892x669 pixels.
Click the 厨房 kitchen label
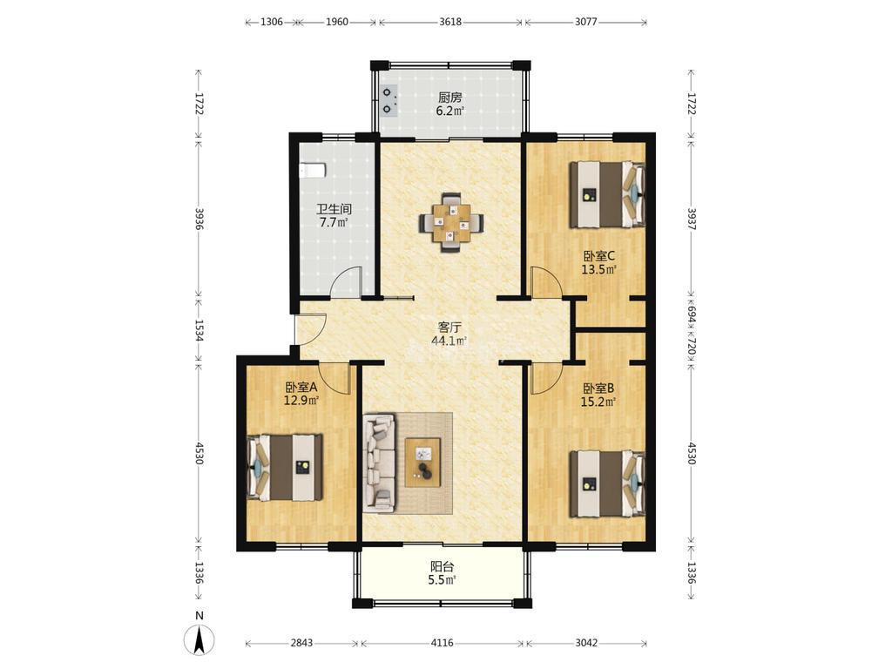click(x=450, y=98)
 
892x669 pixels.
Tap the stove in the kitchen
click(x=389, y=101)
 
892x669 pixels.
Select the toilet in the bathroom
click(x=313, y=170)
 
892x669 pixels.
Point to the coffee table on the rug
click(x=422, y=462)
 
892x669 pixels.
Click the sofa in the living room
click(x=379, y=462)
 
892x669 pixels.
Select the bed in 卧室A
click(x=285, y=468)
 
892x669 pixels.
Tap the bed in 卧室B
click(x=607, y=483)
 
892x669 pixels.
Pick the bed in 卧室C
click(x=607, y=194)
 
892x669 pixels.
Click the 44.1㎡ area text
click(x=449, y=341)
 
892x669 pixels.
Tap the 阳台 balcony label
click(x=442, y=566)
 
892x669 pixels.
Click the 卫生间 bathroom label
click(x=334, y=209)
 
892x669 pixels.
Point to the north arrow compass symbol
click(x=199, y=639)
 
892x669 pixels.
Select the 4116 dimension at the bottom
click(x=442, y=643)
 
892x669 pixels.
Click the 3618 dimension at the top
click(x=450, y=22)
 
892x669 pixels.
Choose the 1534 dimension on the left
click(x=199, y=330)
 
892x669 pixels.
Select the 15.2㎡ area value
click(x=598, y=402)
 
